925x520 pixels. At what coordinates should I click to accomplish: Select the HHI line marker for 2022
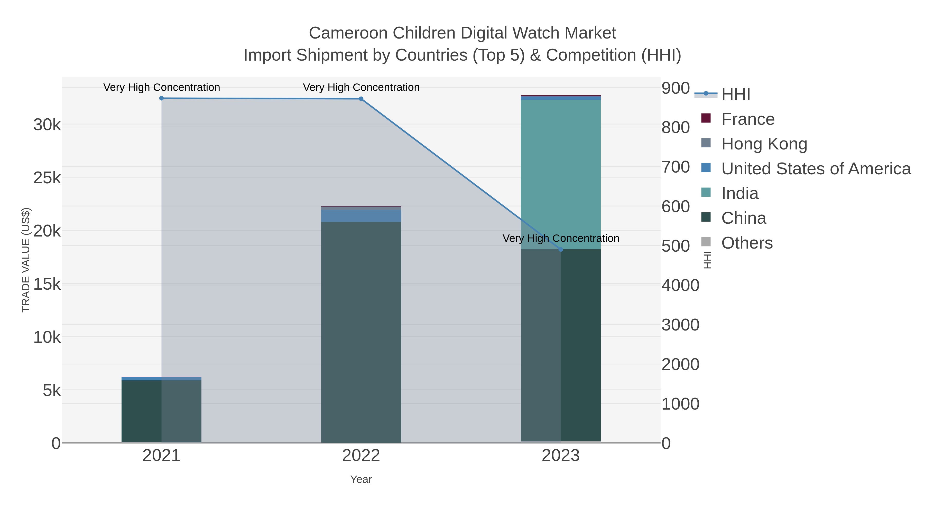tap(361, 99)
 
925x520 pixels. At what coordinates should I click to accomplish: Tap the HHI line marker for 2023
tap(561, 249)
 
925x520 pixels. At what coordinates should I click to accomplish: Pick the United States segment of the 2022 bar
tap(361, 216)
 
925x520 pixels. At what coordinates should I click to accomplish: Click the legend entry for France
tap(748, 119)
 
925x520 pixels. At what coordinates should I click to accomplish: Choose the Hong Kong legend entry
tap(764, 144)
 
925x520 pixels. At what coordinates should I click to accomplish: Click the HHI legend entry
tap(736, 94)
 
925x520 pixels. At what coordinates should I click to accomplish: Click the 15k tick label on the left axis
tap(47, 284)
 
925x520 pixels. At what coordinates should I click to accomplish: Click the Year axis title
tap(361, 479)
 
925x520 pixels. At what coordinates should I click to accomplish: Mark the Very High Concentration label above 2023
tap(561, 238)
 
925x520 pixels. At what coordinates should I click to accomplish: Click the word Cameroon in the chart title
tap(348, 33)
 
